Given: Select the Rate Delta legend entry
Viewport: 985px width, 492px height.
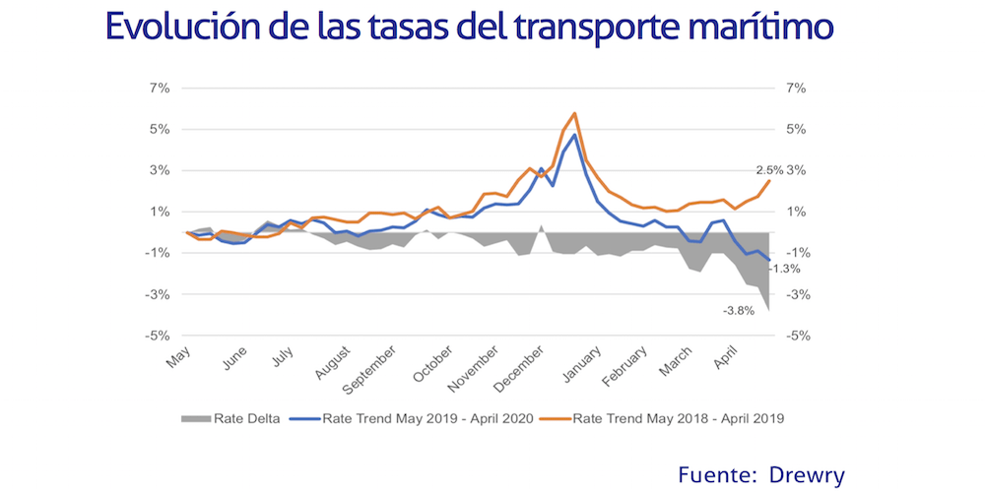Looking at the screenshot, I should coord(230,418).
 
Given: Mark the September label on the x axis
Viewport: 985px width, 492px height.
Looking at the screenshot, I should coord(368,365).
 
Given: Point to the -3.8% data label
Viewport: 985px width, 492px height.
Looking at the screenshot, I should coord(739,311).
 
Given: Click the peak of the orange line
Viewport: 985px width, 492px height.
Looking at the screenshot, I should coord(574,113).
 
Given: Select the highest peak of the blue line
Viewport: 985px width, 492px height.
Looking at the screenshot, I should coord(574,135).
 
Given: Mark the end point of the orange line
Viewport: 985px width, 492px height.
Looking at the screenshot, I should coord(769,181).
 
